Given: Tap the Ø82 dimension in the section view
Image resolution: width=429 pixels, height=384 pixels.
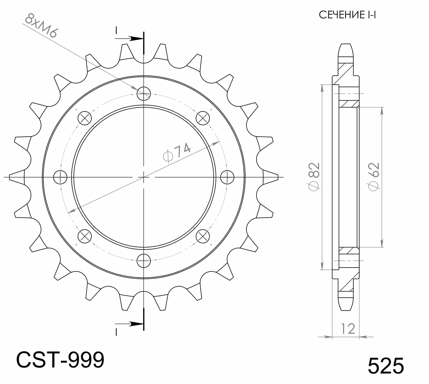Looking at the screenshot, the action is [314, 177].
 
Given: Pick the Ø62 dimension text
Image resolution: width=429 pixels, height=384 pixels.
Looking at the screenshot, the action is [373, 177].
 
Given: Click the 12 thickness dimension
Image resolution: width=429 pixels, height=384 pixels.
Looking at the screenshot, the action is [348, 329].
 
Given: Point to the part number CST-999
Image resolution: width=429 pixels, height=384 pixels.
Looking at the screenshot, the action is [60, 360].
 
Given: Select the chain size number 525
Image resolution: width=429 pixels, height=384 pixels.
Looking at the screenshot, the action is [386, 366].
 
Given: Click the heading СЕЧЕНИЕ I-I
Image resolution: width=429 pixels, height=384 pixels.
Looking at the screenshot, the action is [347, 15].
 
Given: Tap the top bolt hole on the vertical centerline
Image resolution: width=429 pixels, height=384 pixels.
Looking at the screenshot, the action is [144, 93].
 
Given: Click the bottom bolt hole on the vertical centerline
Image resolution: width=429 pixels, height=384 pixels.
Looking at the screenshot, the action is [144, 261].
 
